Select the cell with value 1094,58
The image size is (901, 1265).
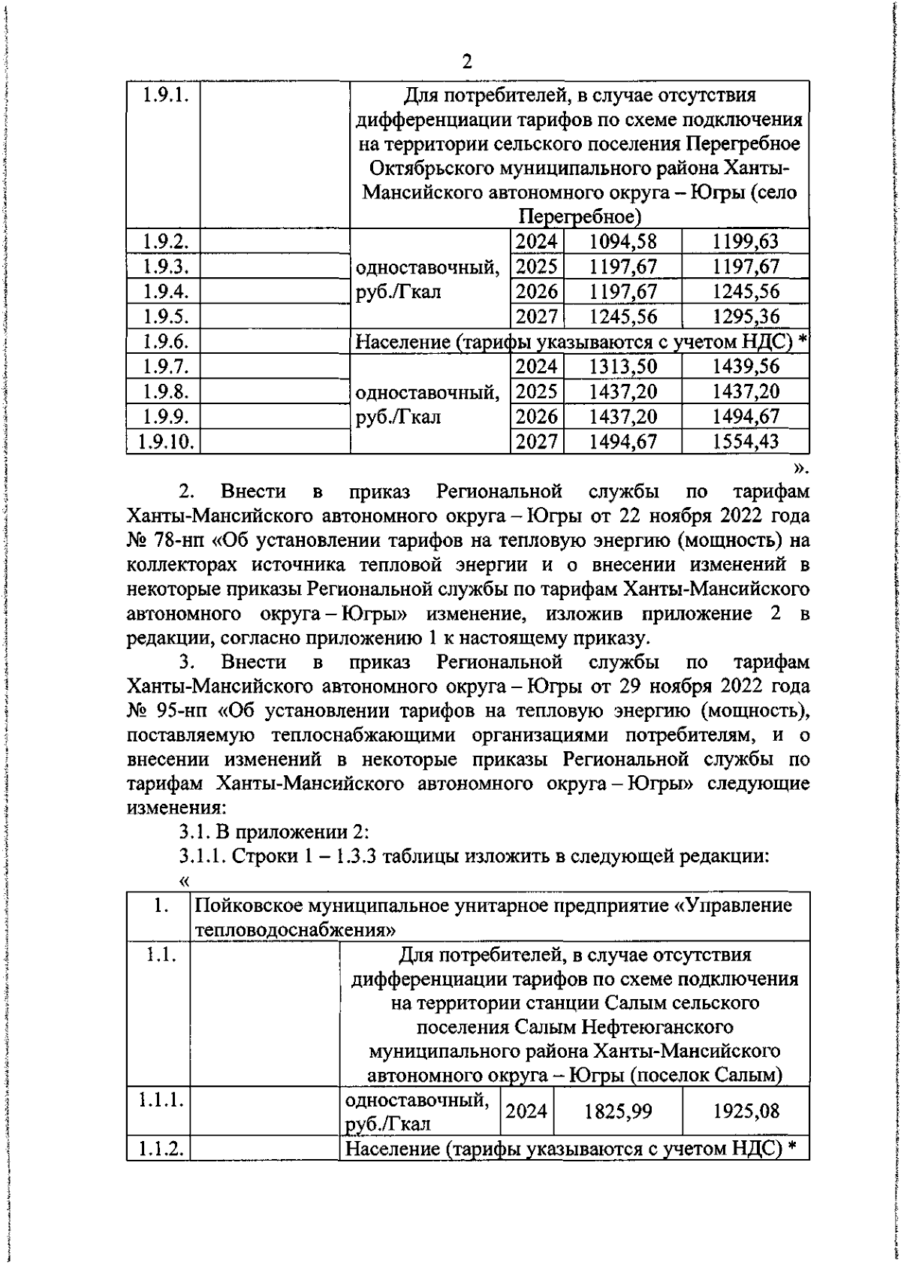[x=622, y=242]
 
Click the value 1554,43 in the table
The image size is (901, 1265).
[x=746, y=442]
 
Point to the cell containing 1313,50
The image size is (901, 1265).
[x=622, y=367]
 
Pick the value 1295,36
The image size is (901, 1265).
[x=746, y=316]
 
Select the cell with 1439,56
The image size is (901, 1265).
[x=746, y=367]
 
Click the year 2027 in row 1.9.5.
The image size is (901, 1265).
[x=537, y=316]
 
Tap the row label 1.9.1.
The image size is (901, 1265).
[x=163, y=95]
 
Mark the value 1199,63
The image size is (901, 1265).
[x=746, y=242]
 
